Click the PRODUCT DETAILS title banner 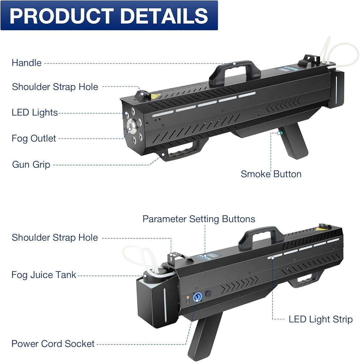[109, 15]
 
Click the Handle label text [26, 63]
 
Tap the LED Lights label [35, 113]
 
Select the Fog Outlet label [34, 138]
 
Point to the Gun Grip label [31, 164]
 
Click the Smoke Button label [271, 174]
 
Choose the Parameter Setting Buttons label [199, 219]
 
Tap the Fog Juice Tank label [44, 274]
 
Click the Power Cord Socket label [53, 344]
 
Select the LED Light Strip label [320, 319]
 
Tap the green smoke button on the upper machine [279, 133]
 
